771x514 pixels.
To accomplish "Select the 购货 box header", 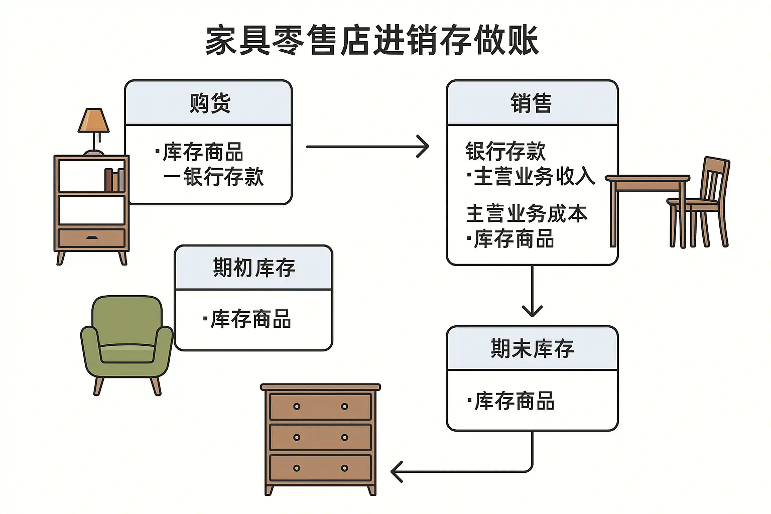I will [209, 103].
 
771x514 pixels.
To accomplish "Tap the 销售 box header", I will [531, 103].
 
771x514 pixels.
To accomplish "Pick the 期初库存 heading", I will [254, 268].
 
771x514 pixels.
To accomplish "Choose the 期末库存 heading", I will [532, 348].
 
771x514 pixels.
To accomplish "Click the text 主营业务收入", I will [534, 176].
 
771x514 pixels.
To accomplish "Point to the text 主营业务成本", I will [527, 213].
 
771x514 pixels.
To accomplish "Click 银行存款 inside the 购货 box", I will [223, 177].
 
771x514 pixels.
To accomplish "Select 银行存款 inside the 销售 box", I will [505, 151].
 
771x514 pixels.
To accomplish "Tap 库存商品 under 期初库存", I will [250, 319].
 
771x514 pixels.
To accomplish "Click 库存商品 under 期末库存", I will [514, 401].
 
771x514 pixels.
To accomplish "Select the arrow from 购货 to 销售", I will [367, 147].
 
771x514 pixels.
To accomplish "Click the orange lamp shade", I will [94, 120].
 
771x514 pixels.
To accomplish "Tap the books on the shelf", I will [114, 180].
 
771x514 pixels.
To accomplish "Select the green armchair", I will [127, 341].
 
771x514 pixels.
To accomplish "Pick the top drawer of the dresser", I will [320, 407].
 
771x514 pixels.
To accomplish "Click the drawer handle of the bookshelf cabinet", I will [92, 237].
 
